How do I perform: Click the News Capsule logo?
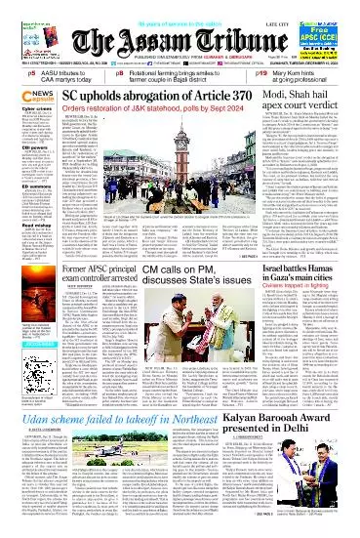21,96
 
